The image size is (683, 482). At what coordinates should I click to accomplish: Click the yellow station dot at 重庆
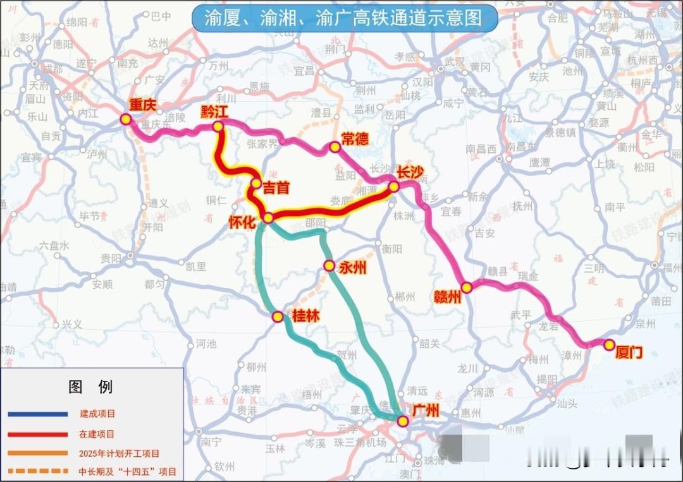pyautogui.click(x=126, y=119)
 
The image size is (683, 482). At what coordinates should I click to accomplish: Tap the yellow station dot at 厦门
pyautogui.click(x=609, y=345)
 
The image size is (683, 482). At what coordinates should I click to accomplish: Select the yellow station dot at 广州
pyautogui.click(x=402, y=421)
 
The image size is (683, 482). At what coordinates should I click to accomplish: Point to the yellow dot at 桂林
pyautogui.click(x=278, y=316)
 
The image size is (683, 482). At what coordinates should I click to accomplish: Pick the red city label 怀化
pyautogui.click(x=245, y=222)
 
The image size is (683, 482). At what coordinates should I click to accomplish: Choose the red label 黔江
pyautogui.click(x=214, y=112)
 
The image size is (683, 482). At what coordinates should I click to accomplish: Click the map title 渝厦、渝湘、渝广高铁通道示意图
pyautogui.click(x=345, y=18)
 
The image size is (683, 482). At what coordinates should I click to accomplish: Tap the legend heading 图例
pyautogui.click(x=91, y=387)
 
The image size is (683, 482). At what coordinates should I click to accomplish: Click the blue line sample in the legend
pyautogui.click(x=38, y=414)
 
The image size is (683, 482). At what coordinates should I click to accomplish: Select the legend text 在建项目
pyautogui.click(x=97, y=434)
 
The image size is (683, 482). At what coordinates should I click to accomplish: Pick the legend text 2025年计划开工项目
pyautogui.click(x=120, y=453)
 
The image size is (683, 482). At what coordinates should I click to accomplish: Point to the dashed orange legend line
pyautogui.click(x=38, y=471)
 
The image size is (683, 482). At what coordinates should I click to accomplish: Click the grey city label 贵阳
pyautogui.click(x=111, y=258)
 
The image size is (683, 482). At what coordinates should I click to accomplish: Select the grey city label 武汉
pyautogui.click(x=454, y=62)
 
